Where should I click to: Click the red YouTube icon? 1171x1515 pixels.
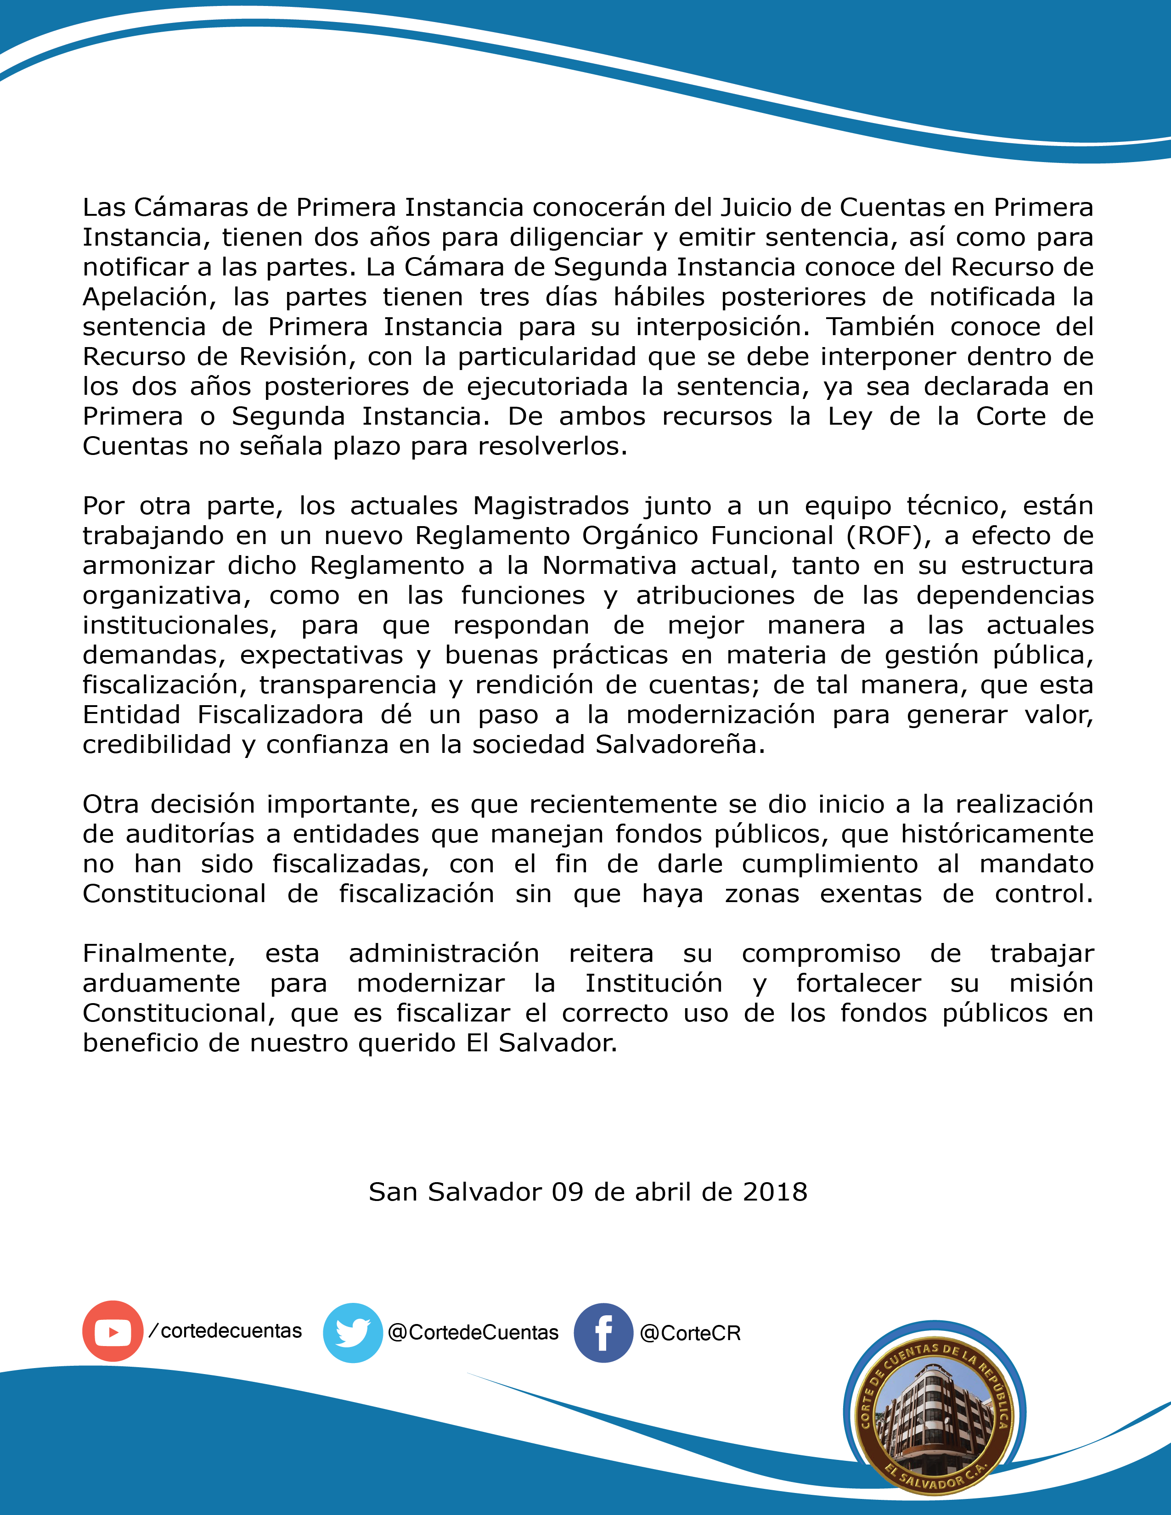[113, 1331]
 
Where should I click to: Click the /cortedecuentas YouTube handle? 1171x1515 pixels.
[226, 1330]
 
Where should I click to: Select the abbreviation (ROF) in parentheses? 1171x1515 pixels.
[885, 535]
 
